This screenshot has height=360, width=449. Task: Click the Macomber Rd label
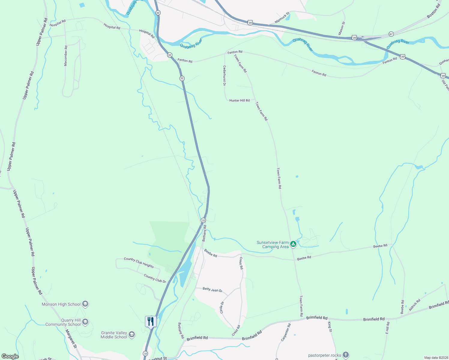point(66,56)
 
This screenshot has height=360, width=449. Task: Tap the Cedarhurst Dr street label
point(224,76)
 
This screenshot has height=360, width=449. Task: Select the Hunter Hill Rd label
point(240,100)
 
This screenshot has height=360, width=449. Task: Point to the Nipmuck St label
point(282,18)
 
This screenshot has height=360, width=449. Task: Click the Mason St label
point(342,28)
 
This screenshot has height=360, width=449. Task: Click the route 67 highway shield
point(391,34)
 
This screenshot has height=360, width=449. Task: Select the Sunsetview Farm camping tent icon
point(294,244)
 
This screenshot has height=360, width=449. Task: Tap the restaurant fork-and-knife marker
point(150,321)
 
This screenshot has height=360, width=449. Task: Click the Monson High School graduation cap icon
point(85,304)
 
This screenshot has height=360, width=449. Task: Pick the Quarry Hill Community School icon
point(85,322)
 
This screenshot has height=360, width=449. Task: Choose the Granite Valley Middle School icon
point(132,335)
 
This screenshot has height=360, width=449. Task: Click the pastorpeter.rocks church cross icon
point(346,355)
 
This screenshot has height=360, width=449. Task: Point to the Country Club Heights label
point(139,262)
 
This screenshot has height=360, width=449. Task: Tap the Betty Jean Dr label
point(212,290)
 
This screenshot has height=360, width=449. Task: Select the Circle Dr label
point(222,307)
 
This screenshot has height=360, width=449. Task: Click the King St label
point(330,327)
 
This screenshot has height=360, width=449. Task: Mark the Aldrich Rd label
point(414,305)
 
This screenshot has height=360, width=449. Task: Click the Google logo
point(10,356)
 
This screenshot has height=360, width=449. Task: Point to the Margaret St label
point(71,338)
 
